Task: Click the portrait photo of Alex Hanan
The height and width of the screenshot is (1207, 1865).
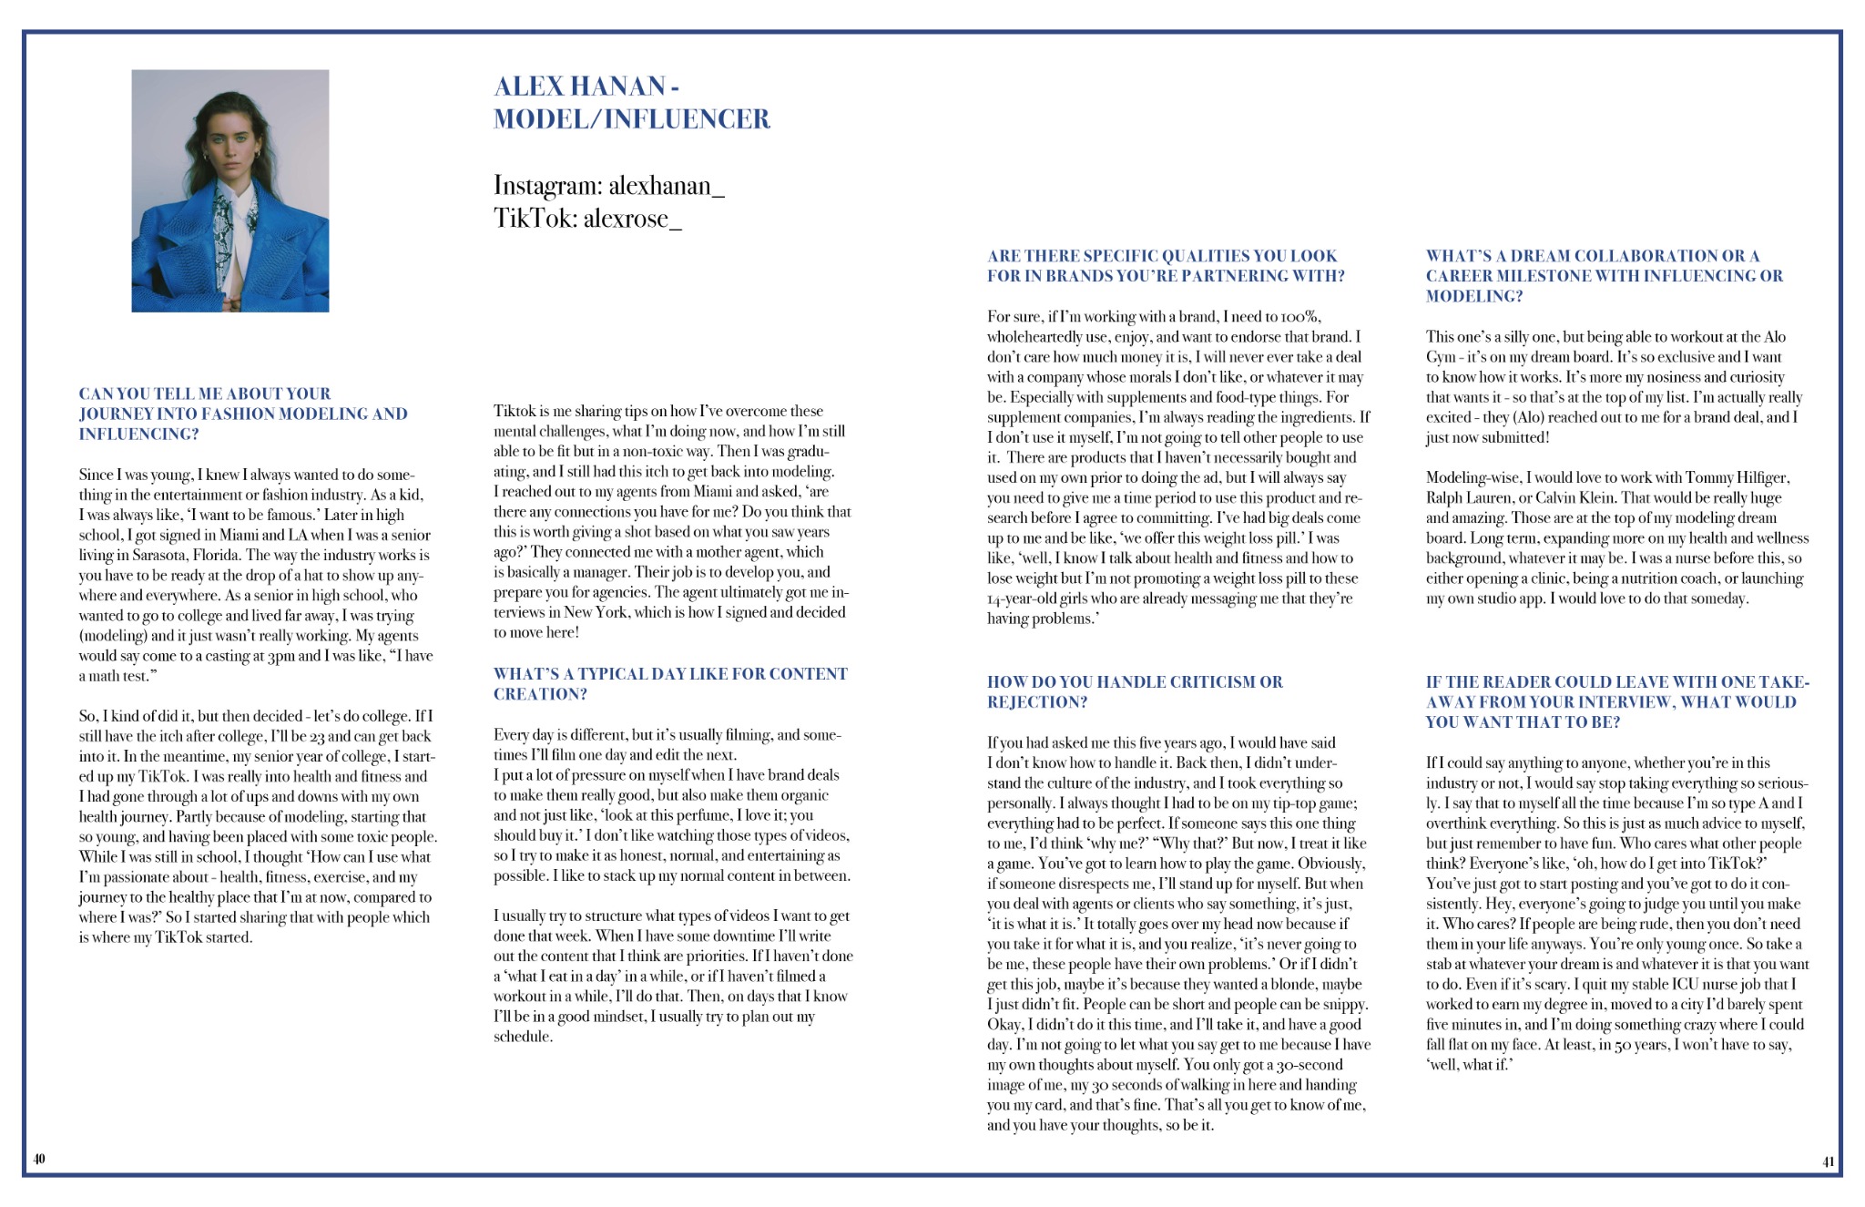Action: pyautogui.click(x=229, y=190)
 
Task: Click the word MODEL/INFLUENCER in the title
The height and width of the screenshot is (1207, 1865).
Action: pyautogui.click(x=631, y=119)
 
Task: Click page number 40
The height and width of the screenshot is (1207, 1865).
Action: pyautogui.click(x=39, y=1159)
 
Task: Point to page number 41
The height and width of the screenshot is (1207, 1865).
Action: pyautogui.click(x=1828, y=1161)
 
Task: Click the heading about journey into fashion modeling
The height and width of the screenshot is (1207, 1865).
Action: pyautogui.click(x=242, y=414)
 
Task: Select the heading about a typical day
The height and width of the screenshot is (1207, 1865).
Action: pyautogui.click(x=669, y=683)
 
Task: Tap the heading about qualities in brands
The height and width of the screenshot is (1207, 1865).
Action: pyautogui.click(x=1165, y=266)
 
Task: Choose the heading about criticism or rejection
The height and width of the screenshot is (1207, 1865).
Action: pyautogui.click(x=1134, y=691)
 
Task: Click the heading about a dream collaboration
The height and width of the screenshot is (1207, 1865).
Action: pyautogui.click(x=1604, y=275)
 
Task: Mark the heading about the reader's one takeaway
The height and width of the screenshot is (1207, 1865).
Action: pyautogui.click(x=1616, y=701)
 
